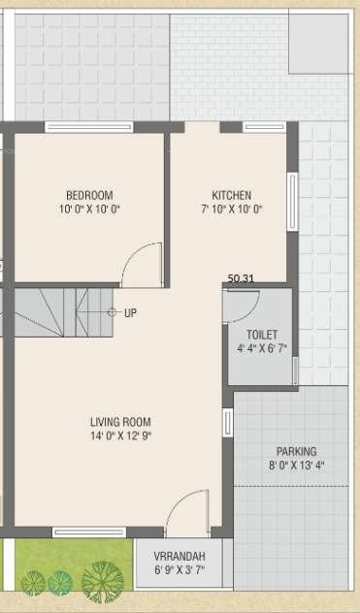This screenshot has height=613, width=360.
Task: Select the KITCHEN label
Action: pos(231,194)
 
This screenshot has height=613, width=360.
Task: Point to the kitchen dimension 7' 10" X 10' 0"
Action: pos(231,209)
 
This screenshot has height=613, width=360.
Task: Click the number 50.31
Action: pos(241,279)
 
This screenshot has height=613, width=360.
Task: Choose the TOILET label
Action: pos(262,333)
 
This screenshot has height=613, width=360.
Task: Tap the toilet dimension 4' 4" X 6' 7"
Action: pos(262,347)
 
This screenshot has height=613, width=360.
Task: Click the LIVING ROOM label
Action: pos(120,422)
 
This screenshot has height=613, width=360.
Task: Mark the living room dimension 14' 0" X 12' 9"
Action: pos(120,436)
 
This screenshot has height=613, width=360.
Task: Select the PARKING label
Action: pos(296,451)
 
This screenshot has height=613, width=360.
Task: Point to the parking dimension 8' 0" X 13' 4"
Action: pos(296,466)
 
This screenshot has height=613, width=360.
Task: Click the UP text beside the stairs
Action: pos(130,312)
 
